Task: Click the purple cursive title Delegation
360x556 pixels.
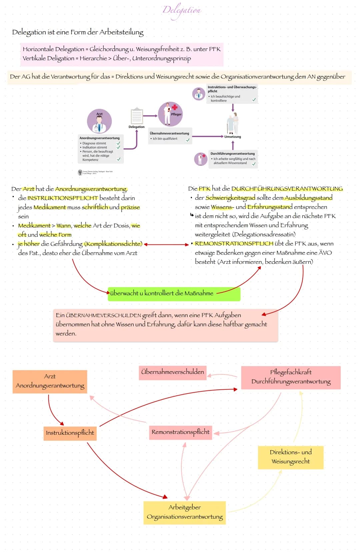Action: [x=182, y=10]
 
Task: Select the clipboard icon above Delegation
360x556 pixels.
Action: [x=137, y=116]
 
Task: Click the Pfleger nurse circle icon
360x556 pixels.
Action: [x=170, y=114]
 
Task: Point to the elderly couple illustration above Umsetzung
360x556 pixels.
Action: [x=233, y=123]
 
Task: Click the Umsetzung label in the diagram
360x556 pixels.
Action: [x=233, y=137]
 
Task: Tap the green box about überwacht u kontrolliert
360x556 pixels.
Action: [x=174, y=293]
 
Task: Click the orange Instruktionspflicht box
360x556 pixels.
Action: [x=70, y=433]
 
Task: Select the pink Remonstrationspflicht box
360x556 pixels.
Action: [x=180, y=432]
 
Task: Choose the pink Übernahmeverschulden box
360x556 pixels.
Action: [x=172, y=372]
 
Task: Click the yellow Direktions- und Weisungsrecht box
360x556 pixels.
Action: [x=290, y=457]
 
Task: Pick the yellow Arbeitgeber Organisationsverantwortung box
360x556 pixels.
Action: [x=185, y=512]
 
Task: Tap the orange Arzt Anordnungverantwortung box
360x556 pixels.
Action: [x=50, y=381]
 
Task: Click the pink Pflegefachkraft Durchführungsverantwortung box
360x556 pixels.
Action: [x=291, y=377]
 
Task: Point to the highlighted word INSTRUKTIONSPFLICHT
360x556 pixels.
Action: [x=63, y=198]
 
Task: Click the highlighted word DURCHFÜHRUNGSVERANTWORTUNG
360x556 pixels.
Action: [x=287, y=189]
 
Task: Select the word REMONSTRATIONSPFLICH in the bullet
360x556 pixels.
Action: [x=234, y=244]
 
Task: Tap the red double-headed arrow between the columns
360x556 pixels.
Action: [x=166, y=245]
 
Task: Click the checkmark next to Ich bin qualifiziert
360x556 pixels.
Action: [x=188, y=140]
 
